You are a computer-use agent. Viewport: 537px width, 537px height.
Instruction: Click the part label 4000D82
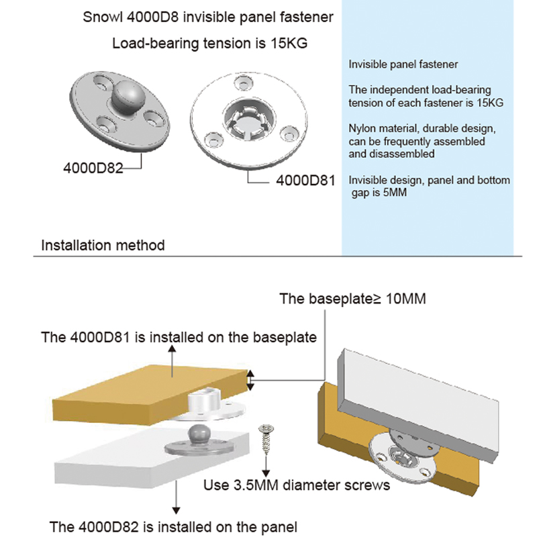(x=93, y=168)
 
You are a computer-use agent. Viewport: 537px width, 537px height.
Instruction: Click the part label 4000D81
(x=305, y=180)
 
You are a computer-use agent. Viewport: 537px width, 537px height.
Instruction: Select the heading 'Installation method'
(x=103, y=244)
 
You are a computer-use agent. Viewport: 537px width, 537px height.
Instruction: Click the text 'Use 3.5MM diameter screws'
(x=297, y=484)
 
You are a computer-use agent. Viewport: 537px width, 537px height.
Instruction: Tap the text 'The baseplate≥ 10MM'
(x=352, y=299)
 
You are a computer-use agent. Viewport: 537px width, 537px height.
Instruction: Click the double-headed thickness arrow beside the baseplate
(x=251, y=381)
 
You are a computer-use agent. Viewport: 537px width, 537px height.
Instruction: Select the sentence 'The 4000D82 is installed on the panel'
(x=174, y=526)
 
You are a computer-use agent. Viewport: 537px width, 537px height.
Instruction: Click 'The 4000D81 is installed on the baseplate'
(x=179, y=337)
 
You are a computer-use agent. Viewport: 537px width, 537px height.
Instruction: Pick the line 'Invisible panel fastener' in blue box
(x=403, y=65)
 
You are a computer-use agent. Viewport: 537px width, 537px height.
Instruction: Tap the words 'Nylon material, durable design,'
(x=422, y=128)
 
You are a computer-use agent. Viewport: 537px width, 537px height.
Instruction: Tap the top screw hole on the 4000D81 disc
(x=244, y=83)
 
